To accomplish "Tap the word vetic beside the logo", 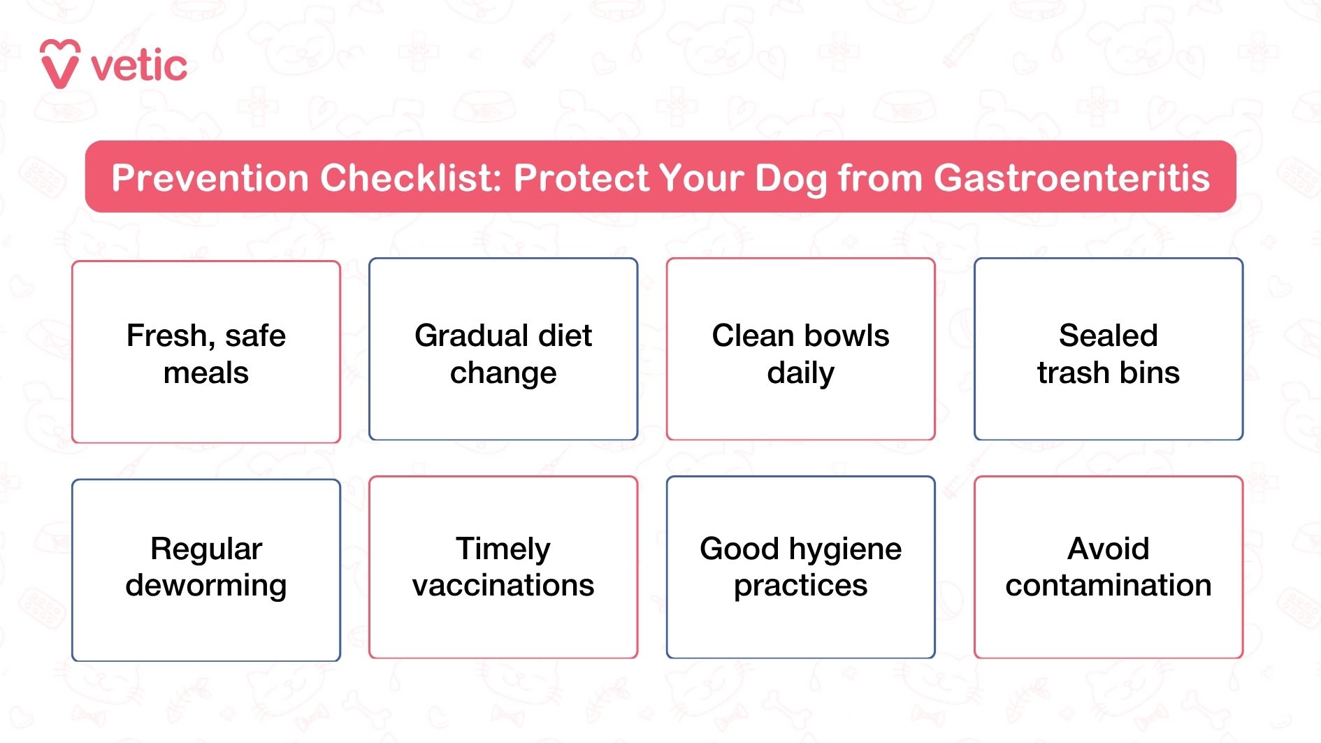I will click(139, 67).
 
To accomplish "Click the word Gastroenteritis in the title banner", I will click(1071, 178).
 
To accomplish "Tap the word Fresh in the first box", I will click(166, 336).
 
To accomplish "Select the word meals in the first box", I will click(205, 373).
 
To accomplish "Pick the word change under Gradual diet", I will click(503, 373).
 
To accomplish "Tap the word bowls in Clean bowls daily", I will click(847, 336).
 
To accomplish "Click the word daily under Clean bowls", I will click(800, 373).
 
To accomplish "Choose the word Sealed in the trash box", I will click(1108, 336).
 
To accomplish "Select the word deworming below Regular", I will click(205, 586).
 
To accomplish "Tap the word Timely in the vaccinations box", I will click(503, 549).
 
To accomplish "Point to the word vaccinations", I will click(503, 585).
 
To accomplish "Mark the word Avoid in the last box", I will click(1108, 549).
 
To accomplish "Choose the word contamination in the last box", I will click(1108, 585).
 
